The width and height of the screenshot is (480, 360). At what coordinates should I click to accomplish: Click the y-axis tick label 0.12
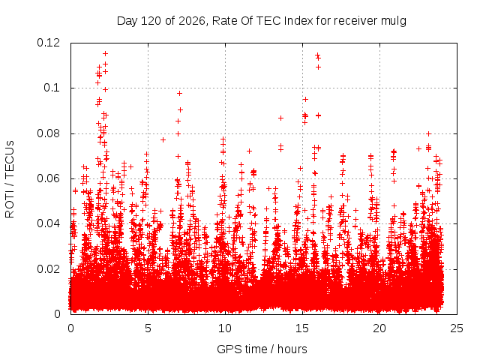[x=48, y=43]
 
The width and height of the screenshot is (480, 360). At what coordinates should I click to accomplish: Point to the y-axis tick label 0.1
[x=52, y=88]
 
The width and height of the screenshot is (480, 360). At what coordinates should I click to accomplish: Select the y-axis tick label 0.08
[x=48, y=133]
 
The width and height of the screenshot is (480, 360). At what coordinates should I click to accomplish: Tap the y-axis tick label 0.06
[x=48, y=178]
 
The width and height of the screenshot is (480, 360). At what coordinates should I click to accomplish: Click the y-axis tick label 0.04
[x=48, y=223]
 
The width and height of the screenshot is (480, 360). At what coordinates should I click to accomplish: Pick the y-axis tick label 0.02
[x=48, y=269]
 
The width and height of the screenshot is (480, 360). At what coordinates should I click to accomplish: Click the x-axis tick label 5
[x=148, y=328]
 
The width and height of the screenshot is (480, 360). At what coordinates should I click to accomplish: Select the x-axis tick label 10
[x=225, y=328]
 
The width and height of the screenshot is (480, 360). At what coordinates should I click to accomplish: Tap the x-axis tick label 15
[x=302, y=328]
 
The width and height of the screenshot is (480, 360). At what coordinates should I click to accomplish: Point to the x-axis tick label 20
[x=379, y=328]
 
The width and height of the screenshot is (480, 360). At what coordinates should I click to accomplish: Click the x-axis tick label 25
[x=457, y=328]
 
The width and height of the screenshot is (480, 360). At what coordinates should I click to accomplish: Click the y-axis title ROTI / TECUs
[x=10, y=179]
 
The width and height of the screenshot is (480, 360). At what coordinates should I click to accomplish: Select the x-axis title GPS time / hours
[x=262, y=349]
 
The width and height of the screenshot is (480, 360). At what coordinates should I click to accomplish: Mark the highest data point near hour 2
[x=105, y=53]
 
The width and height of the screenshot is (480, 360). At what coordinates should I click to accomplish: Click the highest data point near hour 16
[x=317, y=55]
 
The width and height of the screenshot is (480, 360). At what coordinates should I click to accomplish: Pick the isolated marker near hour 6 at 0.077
[x=163, y=140]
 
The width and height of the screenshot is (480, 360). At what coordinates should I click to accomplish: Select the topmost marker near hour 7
[x=180, y=93]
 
